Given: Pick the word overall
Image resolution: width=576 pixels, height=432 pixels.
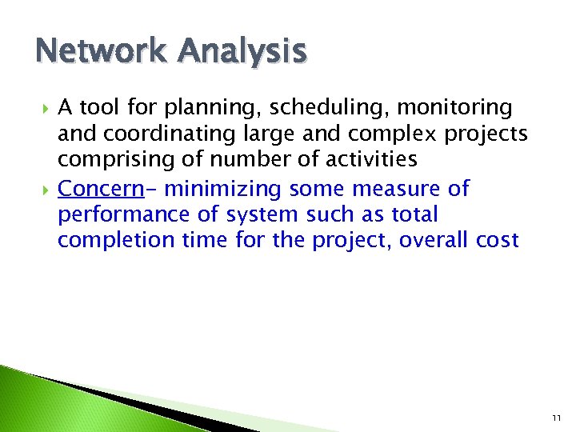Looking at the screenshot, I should point(445,240).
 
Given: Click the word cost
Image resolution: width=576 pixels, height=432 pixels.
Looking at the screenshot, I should point(501,240).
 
